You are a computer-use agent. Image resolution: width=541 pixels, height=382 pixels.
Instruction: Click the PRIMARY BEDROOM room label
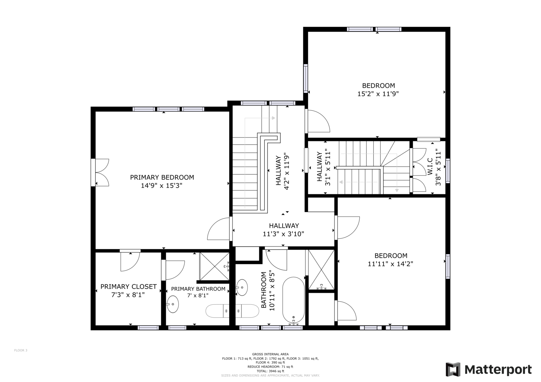(162, 177)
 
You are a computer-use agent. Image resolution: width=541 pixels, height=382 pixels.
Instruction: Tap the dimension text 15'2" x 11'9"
(378, 94)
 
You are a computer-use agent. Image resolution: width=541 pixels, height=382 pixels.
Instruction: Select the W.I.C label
(430, 167)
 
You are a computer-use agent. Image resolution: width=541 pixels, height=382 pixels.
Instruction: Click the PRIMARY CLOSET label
(128, 286)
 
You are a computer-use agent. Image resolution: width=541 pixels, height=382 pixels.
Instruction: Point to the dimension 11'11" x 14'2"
(391, 264)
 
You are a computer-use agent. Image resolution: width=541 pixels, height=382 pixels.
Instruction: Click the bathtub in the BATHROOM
(294, 300)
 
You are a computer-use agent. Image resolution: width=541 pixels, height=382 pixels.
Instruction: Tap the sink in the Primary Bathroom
(173, 304)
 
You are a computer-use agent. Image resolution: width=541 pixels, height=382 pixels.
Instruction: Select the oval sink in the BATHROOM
(242, 287)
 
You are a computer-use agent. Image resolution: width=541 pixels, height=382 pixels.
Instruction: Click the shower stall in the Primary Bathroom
(214, 266)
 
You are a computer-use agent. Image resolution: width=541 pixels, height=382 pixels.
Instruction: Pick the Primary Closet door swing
(130, 261)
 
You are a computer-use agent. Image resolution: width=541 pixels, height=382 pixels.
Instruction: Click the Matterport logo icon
(453, 369)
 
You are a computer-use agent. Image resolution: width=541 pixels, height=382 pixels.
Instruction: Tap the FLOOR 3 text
(21, 350)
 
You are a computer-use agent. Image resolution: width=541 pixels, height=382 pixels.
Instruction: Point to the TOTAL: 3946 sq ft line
(270, 371)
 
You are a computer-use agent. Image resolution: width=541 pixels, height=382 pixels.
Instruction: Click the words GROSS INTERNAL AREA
(270, 354)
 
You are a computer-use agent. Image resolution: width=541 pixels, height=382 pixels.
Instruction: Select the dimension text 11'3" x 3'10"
(284, 234)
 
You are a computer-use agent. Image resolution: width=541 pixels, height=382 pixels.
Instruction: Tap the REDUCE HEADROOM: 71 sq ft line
(270, 367)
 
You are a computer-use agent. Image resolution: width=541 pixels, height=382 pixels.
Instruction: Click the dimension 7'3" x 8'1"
(128, 295)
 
